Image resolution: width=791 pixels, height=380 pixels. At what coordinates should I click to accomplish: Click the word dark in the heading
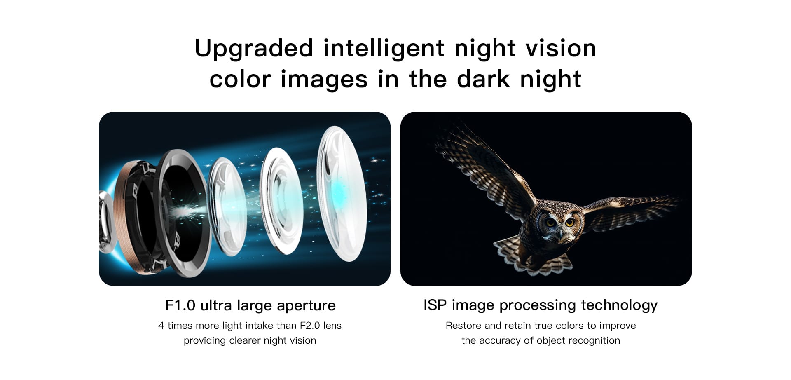coord(483,79)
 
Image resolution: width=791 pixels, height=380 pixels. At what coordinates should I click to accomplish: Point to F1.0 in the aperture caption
coord(180,305)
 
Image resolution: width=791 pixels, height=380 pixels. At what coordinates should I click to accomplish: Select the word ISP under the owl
coord(435,305)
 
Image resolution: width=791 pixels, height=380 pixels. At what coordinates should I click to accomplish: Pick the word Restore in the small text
coord(463,326)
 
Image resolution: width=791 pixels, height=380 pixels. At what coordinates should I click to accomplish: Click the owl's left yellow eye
coord(551,223)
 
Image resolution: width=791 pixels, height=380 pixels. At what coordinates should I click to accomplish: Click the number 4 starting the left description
coord(161,326)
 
